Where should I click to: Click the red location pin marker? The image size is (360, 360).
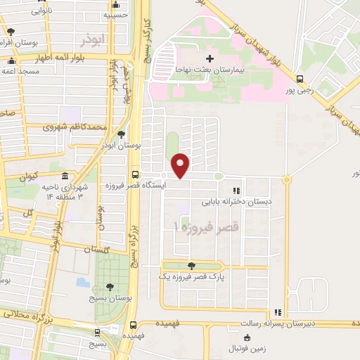coord(181,165)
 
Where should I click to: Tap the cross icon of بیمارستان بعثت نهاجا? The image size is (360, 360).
coord(209,58)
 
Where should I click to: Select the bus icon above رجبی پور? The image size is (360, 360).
coord(300,79)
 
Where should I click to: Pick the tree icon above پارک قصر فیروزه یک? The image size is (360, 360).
coord(191,264)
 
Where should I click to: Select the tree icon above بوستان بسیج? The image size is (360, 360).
coord(110,286)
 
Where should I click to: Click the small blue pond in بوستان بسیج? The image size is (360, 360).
coord(83,283)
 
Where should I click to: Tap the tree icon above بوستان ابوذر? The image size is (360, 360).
coord(122,133)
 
